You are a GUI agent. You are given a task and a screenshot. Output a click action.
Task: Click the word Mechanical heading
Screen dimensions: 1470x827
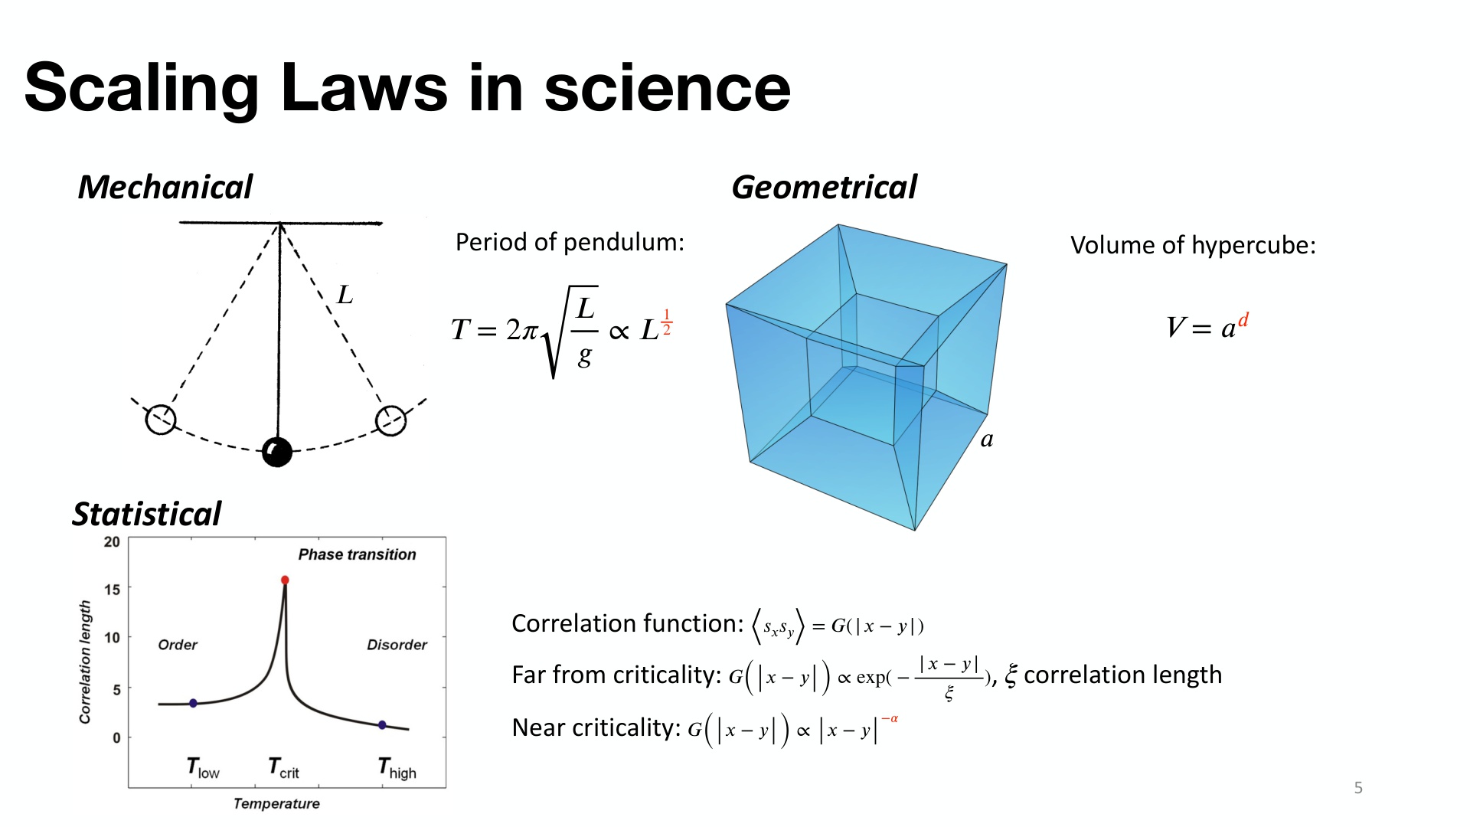165,187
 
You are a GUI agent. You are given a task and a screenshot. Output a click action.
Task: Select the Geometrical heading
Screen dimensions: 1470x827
824,187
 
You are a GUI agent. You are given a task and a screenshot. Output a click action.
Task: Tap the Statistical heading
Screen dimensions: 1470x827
146,514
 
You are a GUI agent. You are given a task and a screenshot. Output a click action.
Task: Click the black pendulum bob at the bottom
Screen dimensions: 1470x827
277,452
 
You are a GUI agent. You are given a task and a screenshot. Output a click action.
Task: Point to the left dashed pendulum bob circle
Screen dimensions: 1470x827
161,420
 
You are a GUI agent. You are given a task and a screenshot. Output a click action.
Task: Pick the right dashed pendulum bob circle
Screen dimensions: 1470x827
390,420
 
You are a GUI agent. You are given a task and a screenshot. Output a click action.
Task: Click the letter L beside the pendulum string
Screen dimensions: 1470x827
345,295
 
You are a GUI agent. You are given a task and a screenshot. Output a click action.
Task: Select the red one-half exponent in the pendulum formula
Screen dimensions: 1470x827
667,322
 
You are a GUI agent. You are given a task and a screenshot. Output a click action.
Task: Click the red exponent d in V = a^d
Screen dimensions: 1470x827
1243,319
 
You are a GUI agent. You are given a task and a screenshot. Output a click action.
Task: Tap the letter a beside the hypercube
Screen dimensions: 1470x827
987,440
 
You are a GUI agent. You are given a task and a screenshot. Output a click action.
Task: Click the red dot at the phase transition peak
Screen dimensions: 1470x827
285,580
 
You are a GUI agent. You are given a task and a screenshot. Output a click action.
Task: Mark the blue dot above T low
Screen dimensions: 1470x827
193,703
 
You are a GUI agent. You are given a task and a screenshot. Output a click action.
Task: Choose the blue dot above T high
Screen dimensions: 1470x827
382,724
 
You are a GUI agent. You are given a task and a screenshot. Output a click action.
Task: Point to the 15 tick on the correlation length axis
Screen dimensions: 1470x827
112,590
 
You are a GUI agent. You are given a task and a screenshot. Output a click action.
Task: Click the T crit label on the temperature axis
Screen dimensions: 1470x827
283,768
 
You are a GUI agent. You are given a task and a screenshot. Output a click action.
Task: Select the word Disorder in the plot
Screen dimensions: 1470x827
397,645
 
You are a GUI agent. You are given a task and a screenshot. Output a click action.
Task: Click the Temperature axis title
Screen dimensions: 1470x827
276,803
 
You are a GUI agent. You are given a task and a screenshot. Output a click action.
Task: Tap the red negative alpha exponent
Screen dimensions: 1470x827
890,718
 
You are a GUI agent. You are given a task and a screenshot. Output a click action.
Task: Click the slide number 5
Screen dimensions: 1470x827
1358,787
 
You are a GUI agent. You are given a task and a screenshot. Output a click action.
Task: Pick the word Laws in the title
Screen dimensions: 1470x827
365,88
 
